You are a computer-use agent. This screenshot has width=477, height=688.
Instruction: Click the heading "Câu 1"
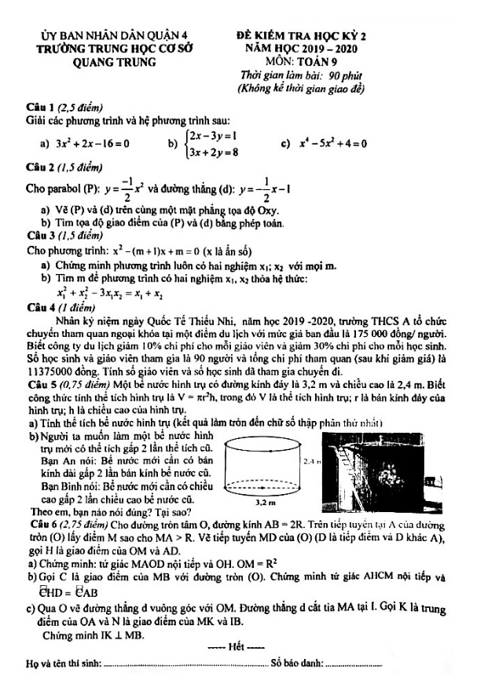click(x=41, y=108)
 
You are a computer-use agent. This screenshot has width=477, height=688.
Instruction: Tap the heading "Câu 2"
click(x=41, y=168)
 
